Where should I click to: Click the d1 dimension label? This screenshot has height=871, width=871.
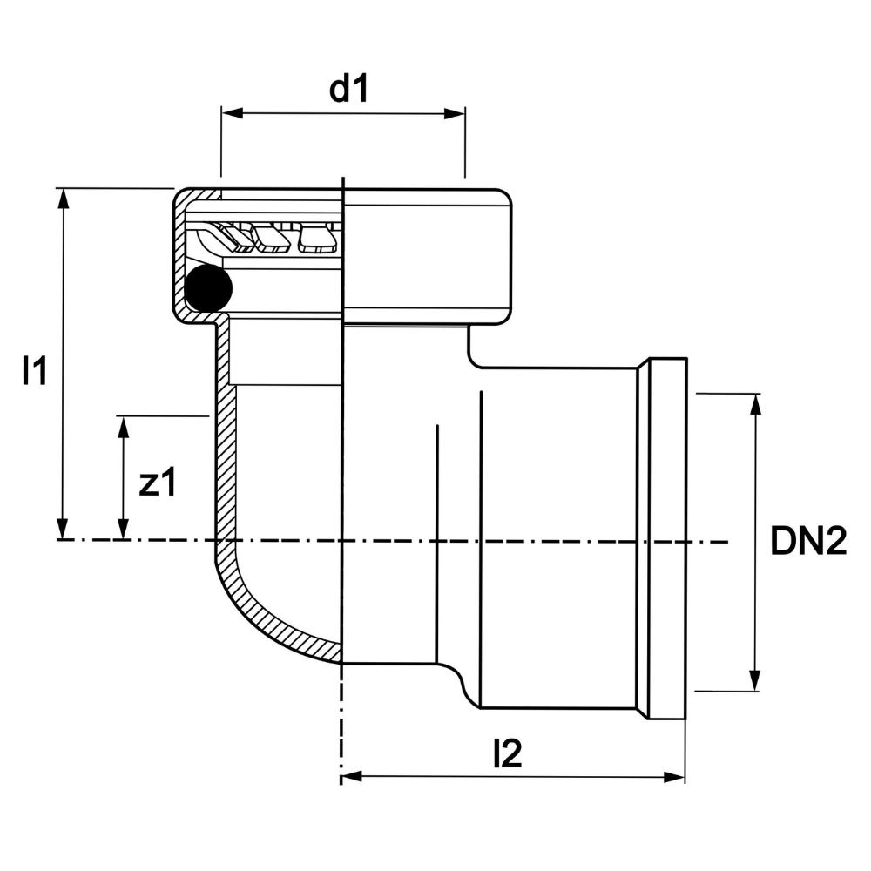(x=349, y=89)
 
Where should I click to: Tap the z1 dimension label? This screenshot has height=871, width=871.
(x=158, y=483)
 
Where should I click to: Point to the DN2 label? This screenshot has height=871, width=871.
(x=808, y=542)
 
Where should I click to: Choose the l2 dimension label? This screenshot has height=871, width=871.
(x=507, y=754)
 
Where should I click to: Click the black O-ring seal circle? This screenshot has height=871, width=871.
(x=207, y=288)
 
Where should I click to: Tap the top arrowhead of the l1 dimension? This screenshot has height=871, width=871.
(x=62, y=197)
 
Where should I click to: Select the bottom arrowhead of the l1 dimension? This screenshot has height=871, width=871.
(x=62, y=530)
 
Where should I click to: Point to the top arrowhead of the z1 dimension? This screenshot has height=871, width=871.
(x=124, y=426)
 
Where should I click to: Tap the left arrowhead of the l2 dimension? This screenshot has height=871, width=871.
(x=350, y=776)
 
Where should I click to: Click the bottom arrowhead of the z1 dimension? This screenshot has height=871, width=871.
(x=124, y=530)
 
